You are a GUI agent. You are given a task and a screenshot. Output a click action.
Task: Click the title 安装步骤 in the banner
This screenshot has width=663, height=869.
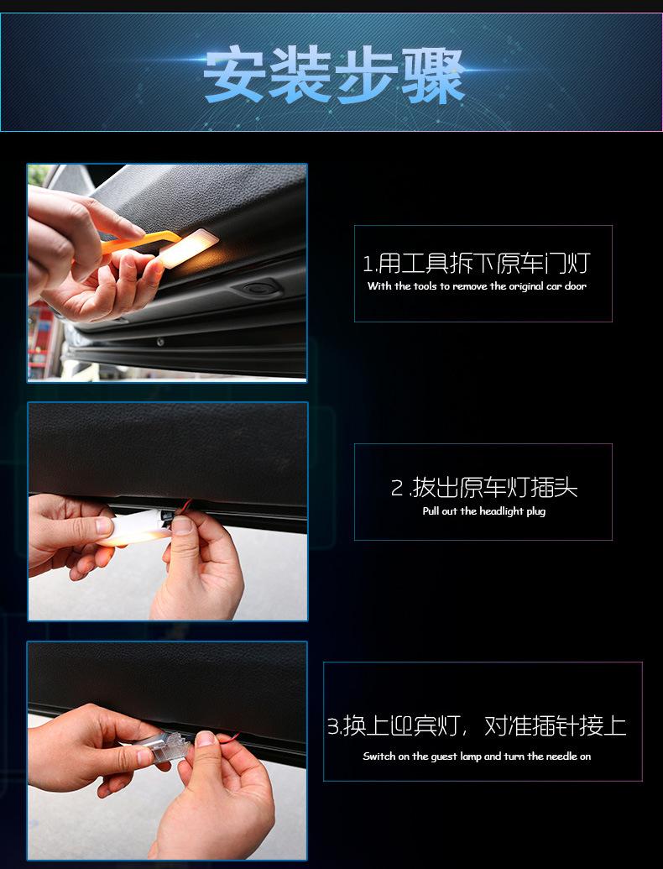[333, 76]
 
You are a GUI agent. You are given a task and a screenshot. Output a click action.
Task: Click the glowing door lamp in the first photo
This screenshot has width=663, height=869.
[187, 248]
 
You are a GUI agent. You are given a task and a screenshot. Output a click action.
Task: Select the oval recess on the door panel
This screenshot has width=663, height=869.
[255, 288]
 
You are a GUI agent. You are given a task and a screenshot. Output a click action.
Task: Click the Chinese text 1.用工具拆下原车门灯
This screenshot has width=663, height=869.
[477, 264]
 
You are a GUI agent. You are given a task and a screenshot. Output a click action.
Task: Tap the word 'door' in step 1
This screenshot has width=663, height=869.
[575, 286]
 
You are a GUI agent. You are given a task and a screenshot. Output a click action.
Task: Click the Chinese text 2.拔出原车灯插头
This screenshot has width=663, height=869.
[484, 488]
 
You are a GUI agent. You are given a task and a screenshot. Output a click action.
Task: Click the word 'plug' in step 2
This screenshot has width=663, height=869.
[535, 511]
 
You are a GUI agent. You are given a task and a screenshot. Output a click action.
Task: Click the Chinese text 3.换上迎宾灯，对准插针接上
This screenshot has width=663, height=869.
[477, 725]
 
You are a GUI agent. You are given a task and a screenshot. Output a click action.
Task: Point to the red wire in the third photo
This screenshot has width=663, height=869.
[227, 738]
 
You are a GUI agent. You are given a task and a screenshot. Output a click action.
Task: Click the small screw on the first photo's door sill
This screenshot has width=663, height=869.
[160, 342]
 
